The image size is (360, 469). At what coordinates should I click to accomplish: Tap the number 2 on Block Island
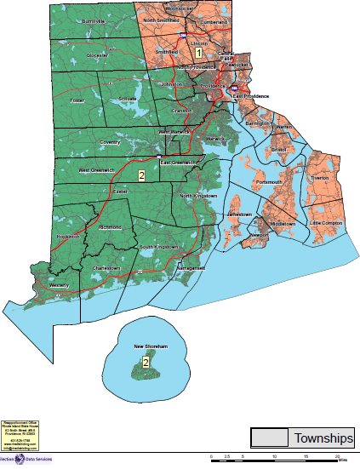click(x=146, y=363)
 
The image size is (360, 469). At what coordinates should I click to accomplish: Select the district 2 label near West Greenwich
click(x=141, y=175)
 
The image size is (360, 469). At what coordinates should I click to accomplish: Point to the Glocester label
click(x=97, y=54)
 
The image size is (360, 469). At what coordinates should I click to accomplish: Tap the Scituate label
click(x=128, y=100)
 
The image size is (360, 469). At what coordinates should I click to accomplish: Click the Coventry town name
click(x=110, y=142)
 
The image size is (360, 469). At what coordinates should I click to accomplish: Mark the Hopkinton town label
click(x=68, y=237)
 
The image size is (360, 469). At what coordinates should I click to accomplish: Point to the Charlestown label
click(x=106, y=268)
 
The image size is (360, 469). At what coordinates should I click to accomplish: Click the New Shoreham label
click(x=147, y=347)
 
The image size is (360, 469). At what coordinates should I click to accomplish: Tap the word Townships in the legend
click(x=323, y=438)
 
